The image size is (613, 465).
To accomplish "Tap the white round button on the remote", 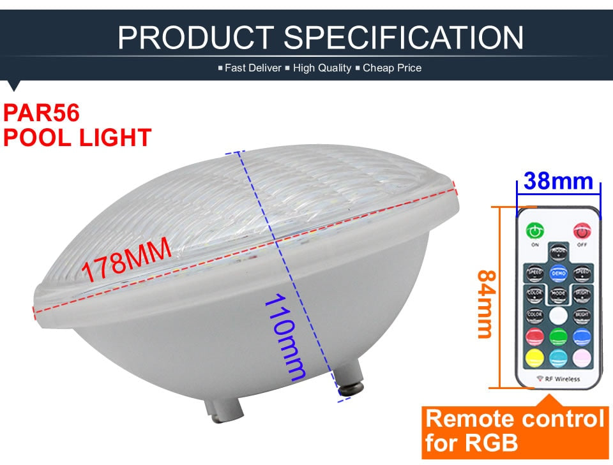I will (558, 315).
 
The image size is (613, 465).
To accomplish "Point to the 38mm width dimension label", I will (557, 181).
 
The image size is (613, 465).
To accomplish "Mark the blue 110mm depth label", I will (285, 337).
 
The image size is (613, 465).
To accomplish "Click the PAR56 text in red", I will (42, 114).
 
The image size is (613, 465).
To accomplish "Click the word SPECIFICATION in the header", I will (404, 37).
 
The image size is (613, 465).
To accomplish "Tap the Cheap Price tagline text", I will (392, 68).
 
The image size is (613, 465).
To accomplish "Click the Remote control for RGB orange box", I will (515, 430).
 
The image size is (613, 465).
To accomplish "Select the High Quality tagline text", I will (322, 68).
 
